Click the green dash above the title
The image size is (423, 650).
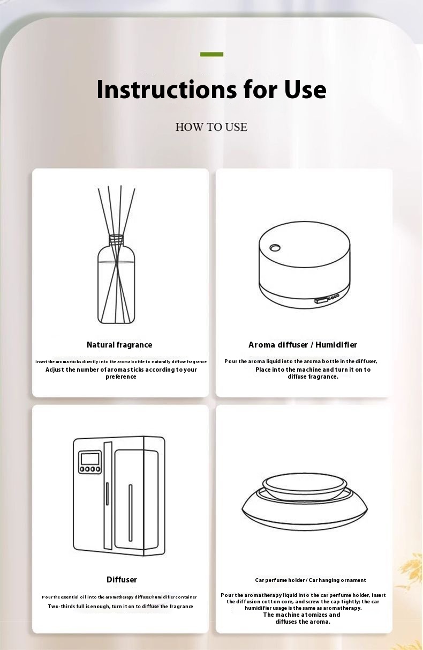(x=211, y=54)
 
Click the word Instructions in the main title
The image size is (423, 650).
(x=167, y=89)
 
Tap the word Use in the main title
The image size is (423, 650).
(x=305, y=89)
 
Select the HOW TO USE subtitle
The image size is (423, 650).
(x=211, y=127)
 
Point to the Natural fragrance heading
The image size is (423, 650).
(x=119, y=345)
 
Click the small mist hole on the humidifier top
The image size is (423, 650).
(x=275, y=248)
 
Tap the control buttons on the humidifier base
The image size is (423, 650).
(x=327, y=299)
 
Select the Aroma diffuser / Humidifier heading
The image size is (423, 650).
(x=303, y=345)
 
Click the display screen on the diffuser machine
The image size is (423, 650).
(x=90, y=459)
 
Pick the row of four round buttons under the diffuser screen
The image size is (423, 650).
(x=90, y=469)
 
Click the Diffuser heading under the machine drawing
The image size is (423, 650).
(x=122, y=580)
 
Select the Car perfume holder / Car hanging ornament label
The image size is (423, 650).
(x=311, y=580)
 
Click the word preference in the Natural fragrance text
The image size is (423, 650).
(x=121, y=377)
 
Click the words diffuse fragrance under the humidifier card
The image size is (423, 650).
(x=313, y=376)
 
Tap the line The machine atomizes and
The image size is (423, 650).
(x=301, y=615)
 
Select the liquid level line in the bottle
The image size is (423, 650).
(x=116, y=262)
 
